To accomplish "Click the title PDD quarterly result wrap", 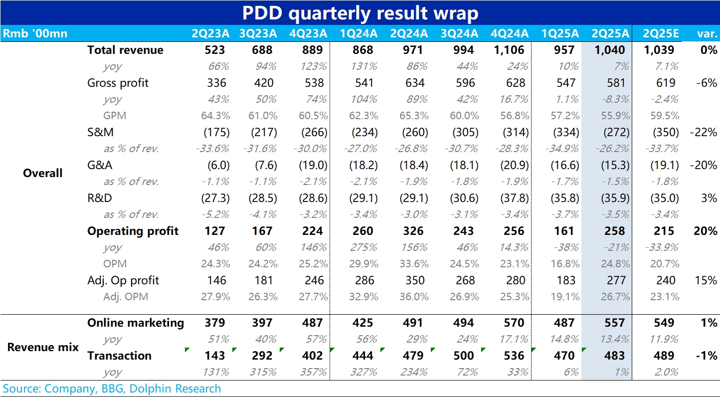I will (x=360, y=13).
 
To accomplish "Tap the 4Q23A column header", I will (x=308, y=34).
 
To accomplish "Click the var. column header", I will (x=707, y=34).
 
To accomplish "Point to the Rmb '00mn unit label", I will (x=35, y=34).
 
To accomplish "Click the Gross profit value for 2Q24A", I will (x=415, y=83).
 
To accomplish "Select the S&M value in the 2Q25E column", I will (x=665, y=133).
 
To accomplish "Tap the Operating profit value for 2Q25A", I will (x=614, y=231).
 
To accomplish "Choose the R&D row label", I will (x=100, y=198).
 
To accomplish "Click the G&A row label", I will (x=100, y=165).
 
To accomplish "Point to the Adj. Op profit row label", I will (x=123, y=280).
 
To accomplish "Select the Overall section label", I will (x=43, y=174).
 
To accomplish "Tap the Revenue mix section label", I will (x=43, y=347).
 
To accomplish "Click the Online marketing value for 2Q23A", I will (x=215, y=323).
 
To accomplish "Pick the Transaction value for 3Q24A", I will (x=464, y=356).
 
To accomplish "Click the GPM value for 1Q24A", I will (x=363, y=116).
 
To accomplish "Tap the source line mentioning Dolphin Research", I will (x=112, y=389).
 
